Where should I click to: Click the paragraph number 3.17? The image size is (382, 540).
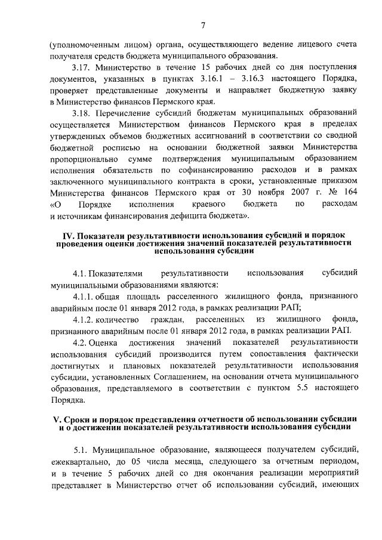pyautogui.click(x=81, y=67)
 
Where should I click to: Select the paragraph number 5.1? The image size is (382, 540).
pyautogui.click(x=81, y=450)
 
